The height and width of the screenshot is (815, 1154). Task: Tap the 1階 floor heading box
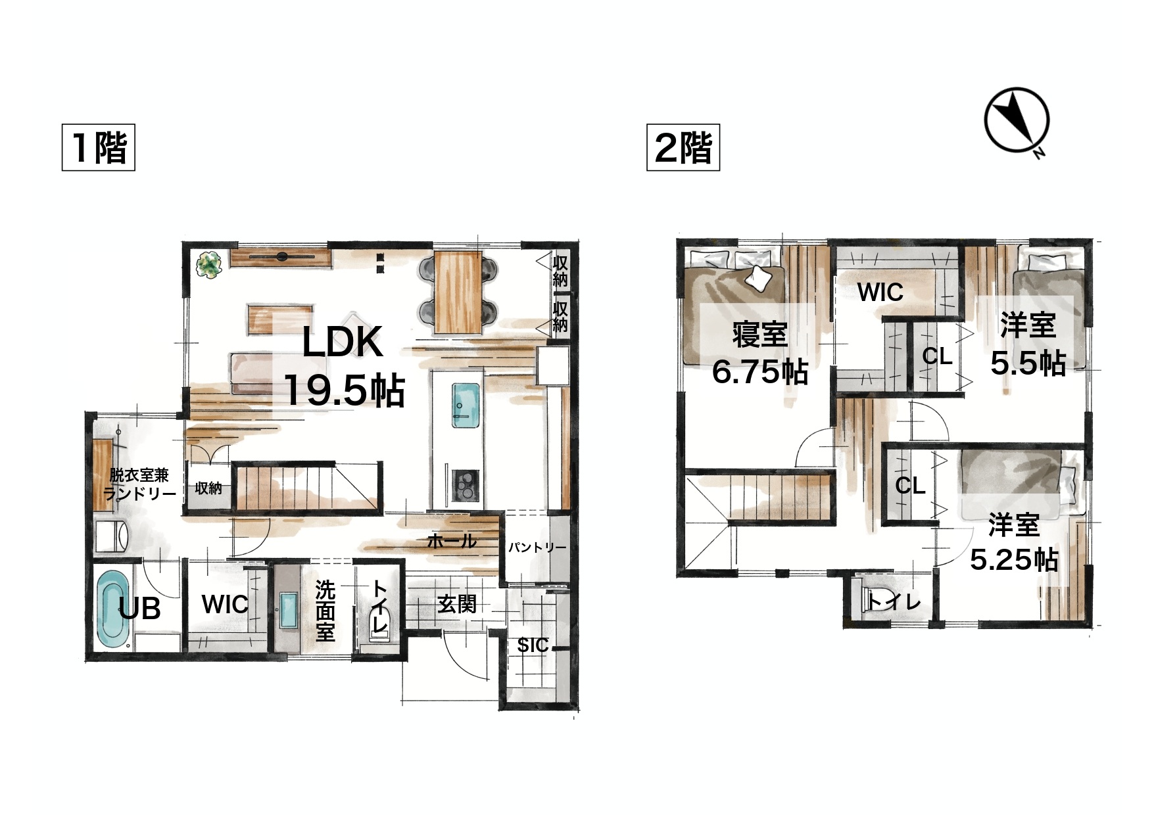99,147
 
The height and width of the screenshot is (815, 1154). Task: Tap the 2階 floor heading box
683,147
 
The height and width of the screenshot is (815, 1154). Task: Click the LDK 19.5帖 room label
343,365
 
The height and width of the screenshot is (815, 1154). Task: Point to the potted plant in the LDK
210,266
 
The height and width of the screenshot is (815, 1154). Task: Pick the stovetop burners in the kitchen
467,486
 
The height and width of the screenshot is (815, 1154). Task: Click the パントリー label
537,547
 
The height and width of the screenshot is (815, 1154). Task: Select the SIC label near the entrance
532,645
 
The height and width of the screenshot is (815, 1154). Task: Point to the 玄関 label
457,604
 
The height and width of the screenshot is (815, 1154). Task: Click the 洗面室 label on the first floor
325,611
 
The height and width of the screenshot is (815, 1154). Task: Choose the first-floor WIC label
225,605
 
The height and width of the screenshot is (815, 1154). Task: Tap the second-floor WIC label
880,292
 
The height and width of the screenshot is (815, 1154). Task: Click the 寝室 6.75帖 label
759,354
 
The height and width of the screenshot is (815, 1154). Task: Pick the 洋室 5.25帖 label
1015,542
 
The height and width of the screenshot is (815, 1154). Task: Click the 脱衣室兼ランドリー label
139,484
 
